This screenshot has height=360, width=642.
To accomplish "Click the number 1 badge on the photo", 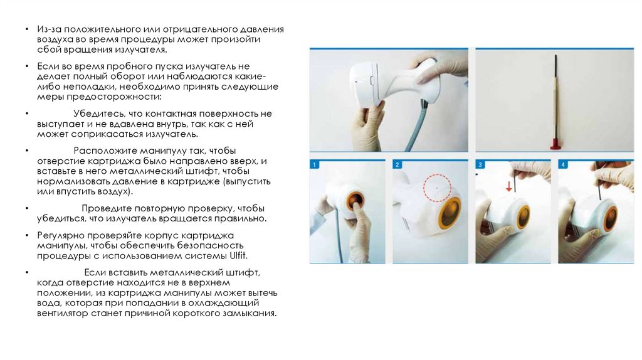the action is [315, 165].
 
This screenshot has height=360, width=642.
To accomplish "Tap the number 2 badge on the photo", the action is [397, 165].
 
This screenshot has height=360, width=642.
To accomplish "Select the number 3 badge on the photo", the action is [480, 165].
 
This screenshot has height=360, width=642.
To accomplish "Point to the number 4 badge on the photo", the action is [562, 165].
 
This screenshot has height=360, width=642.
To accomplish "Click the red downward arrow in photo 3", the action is [508, 186].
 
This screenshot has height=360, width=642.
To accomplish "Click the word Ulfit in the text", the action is [238, 255].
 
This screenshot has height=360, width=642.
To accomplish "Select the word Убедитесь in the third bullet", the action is [100, 114].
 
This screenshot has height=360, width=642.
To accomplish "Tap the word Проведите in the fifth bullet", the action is [107, 208].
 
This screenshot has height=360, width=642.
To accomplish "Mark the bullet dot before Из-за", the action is [27, 29].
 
